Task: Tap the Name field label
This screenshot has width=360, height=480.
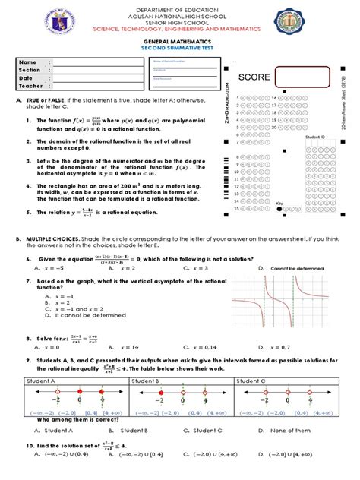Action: coord(28,62)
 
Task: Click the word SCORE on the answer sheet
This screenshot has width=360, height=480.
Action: coord(254,78)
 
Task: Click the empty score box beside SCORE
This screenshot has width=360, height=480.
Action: coord(302,77)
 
